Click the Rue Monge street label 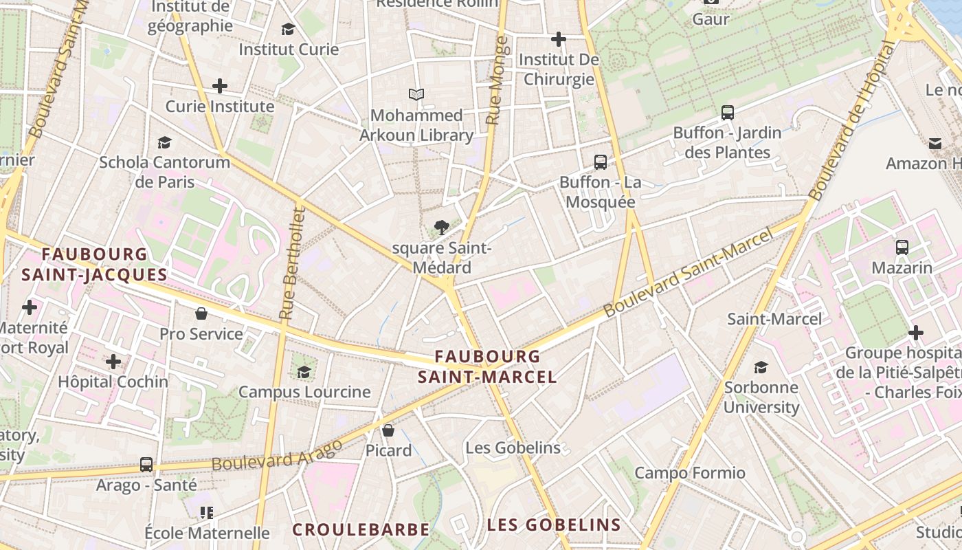(x=497, y=80)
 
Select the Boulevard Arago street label (x=277, y=455)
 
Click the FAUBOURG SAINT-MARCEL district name (x=487, y=366)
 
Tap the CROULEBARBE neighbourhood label (x=361, y=529)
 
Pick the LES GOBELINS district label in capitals (x=554, y=525)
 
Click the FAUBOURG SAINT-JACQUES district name (x=94, y=264)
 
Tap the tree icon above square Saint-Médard (x=441, y=228)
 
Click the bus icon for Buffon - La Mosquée (x=600, y=162)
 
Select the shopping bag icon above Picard (x=388, y=431)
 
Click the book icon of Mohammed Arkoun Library (x=416, y=95)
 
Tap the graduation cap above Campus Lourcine (x=304, y=372)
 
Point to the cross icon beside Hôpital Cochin (x=113, y=361)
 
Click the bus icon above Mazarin (x=902, y=247)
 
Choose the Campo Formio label (x=689, y=473)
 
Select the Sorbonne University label (x=761, y=397)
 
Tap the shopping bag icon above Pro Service (x=201, y=314)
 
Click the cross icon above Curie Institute (x=219, y=86)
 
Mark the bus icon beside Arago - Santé (x=146, y=465)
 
